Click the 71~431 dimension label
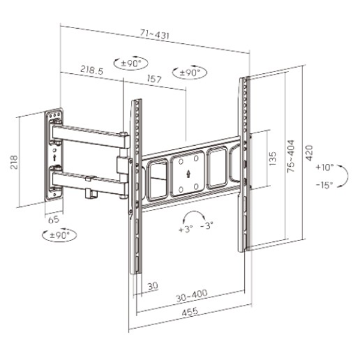[155, 34]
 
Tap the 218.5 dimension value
[92, 70]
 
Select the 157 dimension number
[154, 79]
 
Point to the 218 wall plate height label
[14, 163]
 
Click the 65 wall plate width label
[54, 220]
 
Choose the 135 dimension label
[272, 158]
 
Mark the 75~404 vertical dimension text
[290, 156]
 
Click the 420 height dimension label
[309, 153]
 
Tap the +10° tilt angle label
[325, 167]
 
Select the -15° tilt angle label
[325, 185]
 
